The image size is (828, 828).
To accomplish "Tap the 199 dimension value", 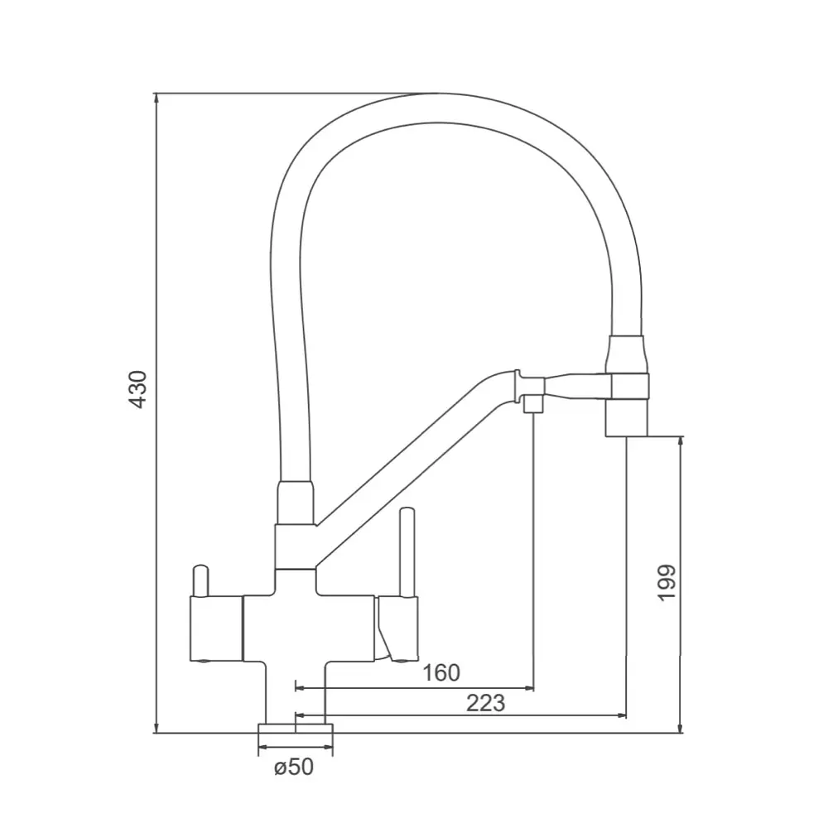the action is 667,582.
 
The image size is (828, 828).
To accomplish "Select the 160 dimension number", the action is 441,672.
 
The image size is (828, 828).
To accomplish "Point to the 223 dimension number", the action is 486,703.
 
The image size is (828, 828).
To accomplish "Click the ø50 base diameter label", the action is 294,767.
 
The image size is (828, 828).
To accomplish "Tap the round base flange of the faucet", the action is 296,728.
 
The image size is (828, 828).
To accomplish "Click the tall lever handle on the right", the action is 407,552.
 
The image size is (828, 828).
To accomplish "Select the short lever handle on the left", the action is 201,581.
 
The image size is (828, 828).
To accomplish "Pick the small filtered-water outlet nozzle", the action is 533,405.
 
